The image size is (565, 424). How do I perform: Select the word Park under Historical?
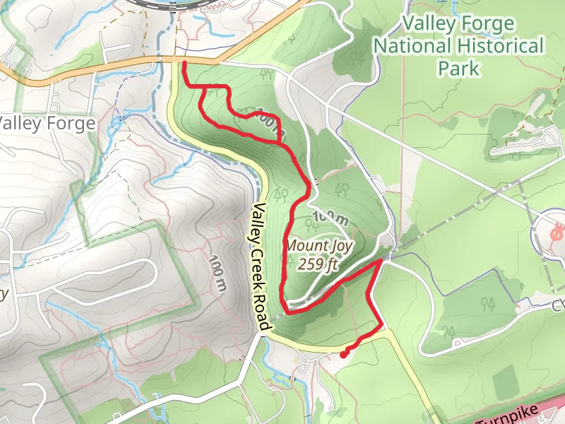click(x=459, y=69)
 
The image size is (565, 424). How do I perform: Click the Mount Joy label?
click(x=319, y=246)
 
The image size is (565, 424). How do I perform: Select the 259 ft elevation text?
click(x=319, y=265)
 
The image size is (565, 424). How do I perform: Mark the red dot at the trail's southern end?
click(x=343, y=355)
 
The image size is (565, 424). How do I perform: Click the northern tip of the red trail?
click(x=184, y=64)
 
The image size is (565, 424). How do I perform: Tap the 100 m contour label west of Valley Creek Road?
click(x=218, y=273)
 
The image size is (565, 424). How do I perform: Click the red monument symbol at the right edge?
click(x=558, y=231)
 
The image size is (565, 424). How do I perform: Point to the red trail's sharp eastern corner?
click(x=382, y=261)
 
